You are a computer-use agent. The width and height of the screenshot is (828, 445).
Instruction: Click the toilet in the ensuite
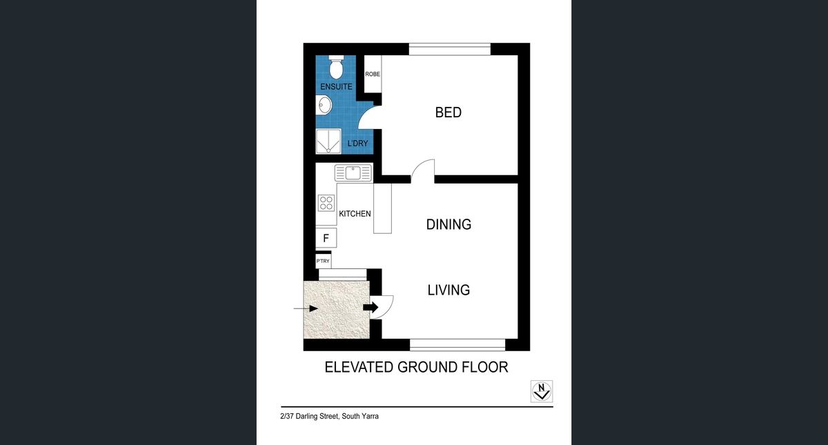336,68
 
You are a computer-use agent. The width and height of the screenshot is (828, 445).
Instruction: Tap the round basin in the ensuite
324,105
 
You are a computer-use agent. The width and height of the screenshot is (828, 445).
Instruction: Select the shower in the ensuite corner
328,141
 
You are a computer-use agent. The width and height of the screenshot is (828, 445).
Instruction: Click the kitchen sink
353,172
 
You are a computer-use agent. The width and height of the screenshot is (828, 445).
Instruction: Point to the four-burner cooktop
326,203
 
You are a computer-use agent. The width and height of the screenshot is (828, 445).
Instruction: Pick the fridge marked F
326,238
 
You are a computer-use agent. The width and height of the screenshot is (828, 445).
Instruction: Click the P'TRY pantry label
323,261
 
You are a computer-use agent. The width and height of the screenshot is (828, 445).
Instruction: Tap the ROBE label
373,74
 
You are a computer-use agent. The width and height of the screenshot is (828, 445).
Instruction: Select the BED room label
448,112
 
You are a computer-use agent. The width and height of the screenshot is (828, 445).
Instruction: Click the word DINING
448,224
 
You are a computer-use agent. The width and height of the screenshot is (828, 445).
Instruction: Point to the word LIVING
448,290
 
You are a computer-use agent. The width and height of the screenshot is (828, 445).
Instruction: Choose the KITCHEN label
355,214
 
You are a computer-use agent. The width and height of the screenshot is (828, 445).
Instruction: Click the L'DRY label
358,144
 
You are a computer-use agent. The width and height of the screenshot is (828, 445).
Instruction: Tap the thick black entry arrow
371,307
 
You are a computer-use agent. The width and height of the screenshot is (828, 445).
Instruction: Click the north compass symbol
542,391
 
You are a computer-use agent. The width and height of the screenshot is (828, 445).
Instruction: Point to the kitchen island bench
382,208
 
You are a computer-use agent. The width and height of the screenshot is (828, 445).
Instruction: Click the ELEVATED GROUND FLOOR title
417,367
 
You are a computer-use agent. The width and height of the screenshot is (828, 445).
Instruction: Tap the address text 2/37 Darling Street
309,416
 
